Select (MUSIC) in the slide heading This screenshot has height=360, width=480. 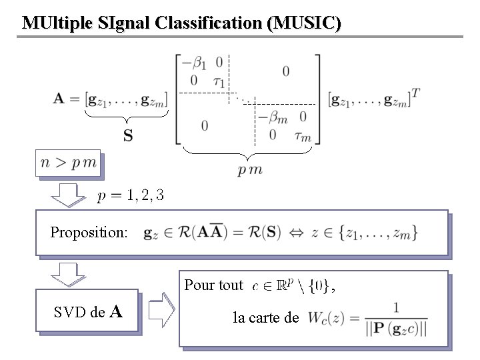coord(303,23)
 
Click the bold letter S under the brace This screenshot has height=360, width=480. coord(128,136)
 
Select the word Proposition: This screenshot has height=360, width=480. coord(89,233)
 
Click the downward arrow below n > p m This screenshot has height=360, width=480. coord(66,195)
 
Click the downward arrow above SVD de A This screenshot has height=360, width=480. coord(66,275)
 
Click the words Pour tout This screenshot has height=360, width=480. coord(213,285)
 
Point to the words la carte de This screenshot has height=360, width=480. coord(266,317)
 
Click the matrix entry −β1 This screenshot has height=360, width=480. coord(199,64)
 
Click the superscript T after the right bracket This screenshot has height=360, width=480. coord(415,93)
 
